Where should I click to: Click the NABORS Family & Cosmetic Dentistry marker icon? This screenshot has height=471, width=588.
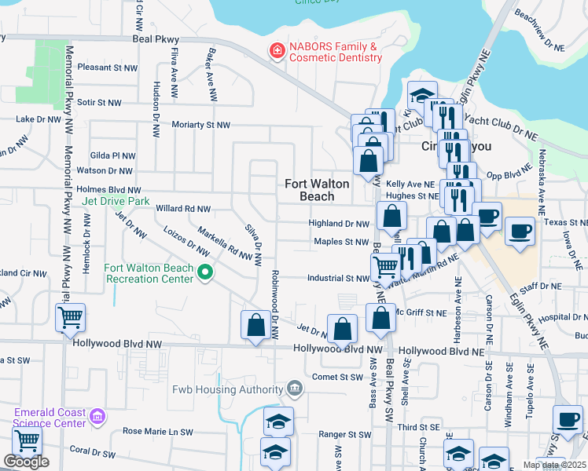coord(276,53)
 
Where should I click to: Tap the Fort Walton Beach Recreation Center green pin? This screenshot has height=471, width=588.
coord(206,273)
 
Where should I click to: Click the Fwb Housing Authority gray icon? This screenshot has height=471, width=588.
coord(294,388)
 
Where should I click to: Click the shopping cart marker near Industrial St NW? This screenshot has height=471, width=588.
coord(385,267)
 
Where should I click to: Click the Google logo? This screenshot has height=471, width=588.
coord(26,462)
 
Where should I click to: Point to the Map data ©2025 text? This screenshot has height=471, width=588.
coord(554,465)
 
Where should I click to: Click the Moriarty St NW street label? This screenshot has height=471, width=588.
coord(202,125)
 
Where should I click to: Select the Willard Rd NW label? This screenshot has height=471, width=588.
coord(183,210)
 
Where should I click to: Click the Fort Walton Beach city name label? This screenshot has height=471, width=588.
coord(317,189)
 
